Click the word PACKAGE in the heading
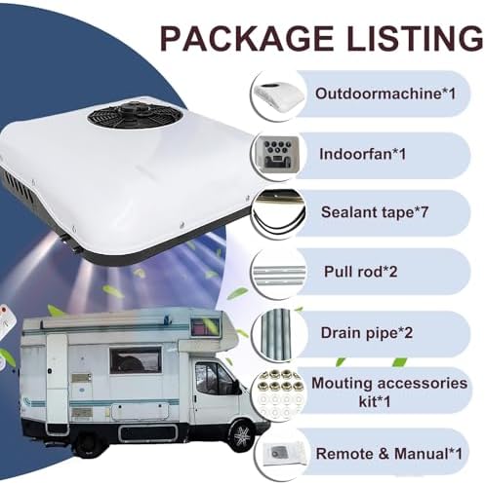click(247, 38)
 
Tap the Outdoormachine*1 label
click(385, 93)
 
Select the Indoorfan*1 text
click(363, 154)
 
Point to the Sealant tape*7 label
click(375, 212)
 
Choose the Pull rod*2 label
click(361, 271)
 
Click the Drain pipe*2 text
click(367, 333)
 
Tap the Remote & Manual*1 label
click(388, 453)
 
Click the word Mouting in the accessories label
click(337, 384)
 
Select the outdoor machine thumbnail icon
click(279, 96)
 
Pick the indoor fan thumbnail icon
click(279, 155)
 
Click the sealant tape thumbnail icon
click(279, 213)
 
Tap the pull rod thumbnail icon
click(279, 273)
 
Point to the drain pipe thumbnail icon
click(279, 334)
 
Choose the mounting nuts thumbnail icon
click(280, 393)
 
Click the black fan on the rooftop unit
click(134, 114)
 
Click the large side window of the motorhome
click(136, 359)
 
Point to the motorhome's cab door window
click(213, 377)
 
